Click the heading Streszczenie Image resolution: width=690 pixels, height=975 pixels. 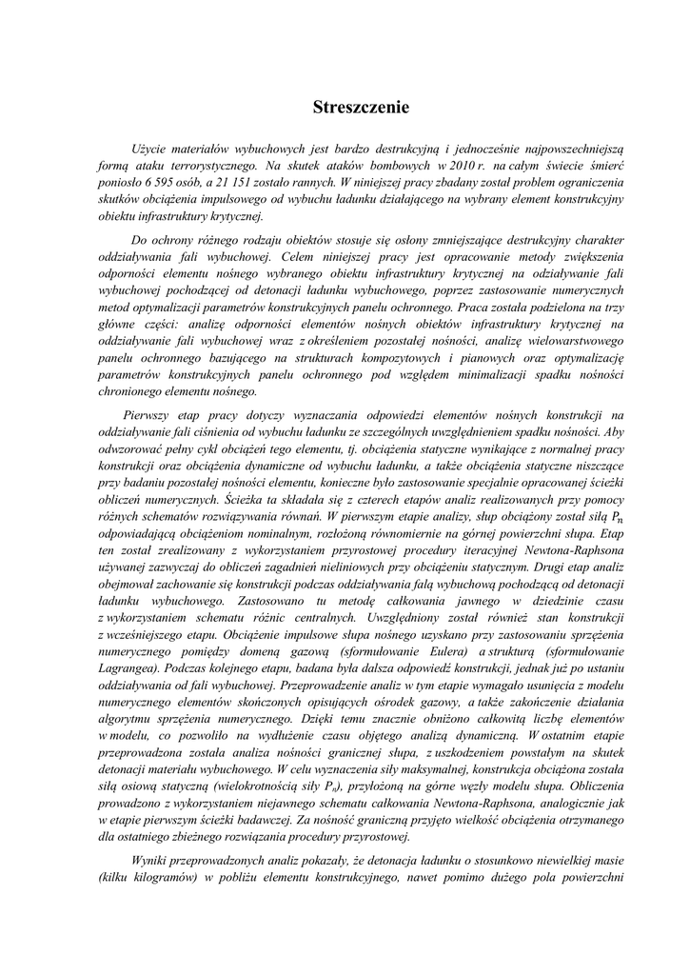[361, 108]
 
